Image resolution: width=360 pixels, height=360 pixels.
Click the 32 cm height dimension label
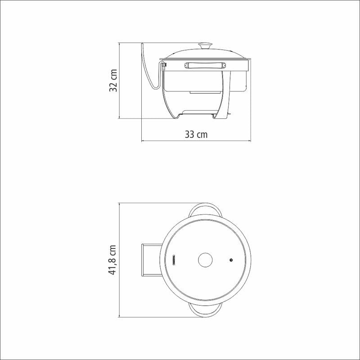pyautogui.click(x=113, y=81)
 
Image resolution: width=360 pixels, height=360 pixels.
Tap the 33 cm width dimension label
pyautogui.click(x=196, y=134)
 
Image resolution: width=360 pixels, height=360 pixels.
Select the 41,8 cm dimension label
pyautogui.click(x=112, y=260)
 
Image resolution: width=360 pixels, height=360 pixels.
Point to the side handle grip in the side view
pyautogui.click(x=205, y=65)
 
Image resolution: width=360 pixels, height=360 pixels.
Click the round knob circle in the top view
pyautogui.click(x=205, y=260)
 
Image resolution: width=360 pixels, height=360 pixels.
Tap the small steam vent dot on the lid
pyautogui.click(x=231, y=260)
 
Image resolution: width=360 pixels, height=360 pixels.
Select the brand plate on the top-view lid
pyautogui.click(x=174, y=260)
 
